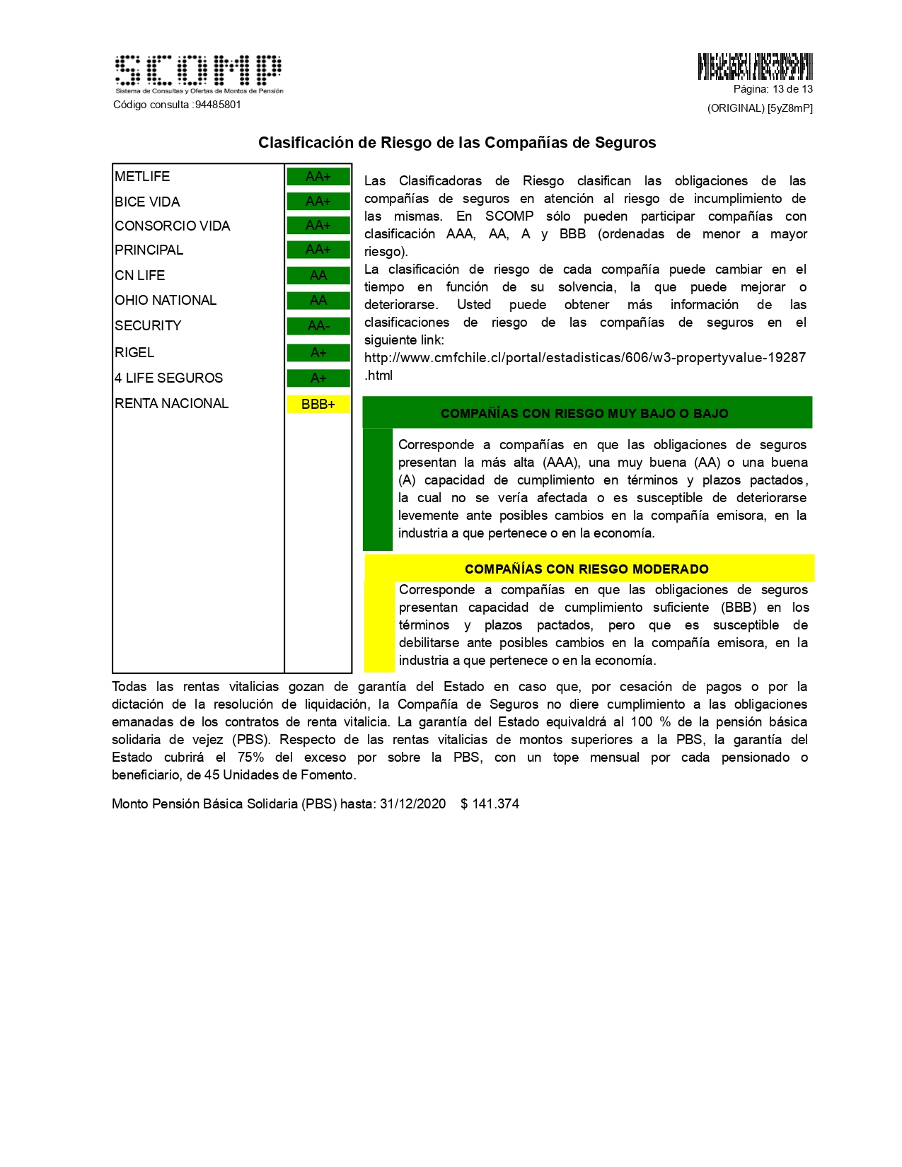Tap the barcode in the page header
point(755,66)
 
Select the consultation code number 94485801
point(218,105)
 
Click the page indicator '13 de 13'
point(792,89)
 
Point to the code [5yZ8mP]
point(790,108)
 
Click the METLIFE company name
point(142,176)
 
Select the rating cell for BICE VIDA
point(318,202)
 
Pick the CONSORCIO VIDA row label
point(173,226)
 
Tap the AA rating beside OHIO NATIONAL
point(318,301)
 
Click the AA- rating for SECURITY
point(318,326)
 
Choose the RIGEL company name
point(134,352)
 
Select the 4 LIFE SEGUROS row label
point(169,378)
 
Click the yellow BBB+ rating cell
point(318,404)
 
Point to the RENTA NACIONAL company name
point(172,403)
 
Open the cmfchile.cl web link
point(584,358)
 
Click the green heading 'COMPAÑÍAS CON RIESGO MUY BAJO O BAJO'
point(584,413)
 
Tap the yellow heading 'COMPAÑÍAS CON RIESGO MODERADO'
point(586,569)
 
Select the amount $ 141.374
point(490,803)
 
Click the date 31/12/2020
point(412,803)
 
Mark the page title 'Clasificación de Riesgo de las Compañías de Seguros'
point(457,142)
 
